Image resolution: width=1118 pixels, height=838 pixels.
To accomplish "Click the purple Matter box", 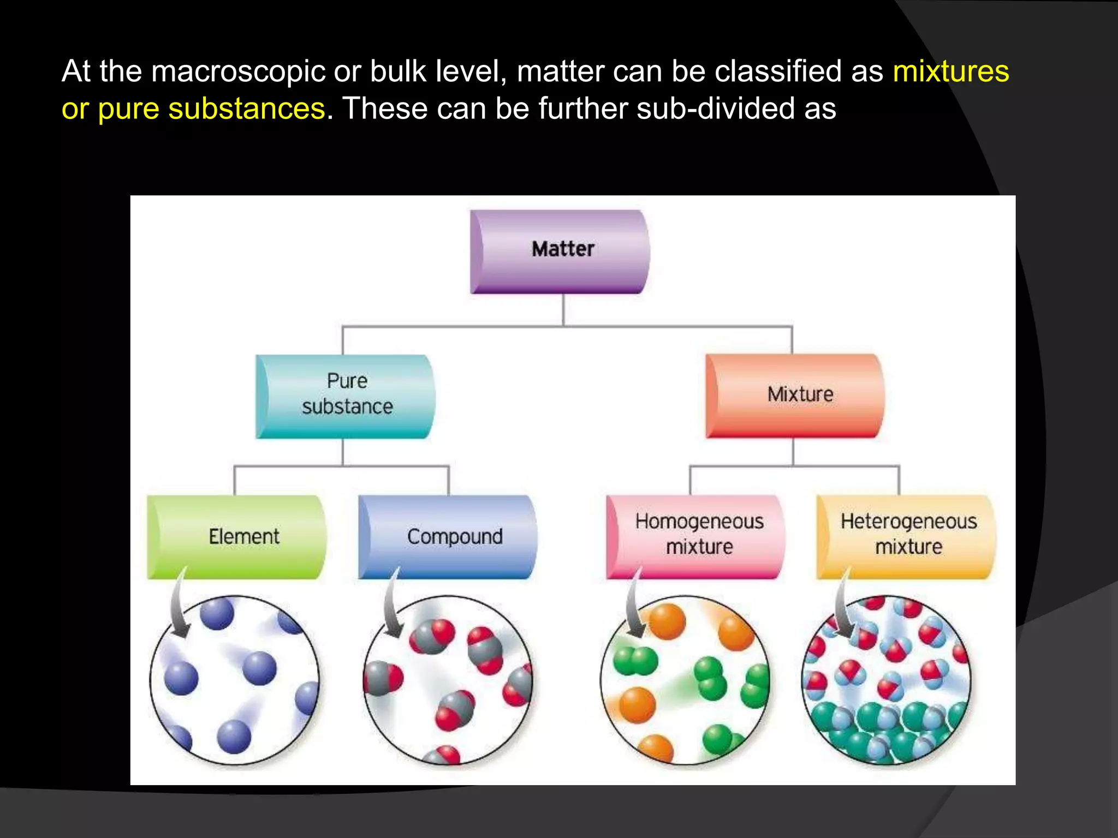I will pyautogui.click(x=560, y=252).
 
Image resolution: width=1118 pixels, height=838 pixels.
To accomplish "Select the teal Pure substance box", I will pyautogui.click(x=346, y=397).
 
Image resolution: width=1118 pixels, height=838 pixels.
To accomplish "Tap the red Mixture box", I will pyautogui.click(x=794, y=396).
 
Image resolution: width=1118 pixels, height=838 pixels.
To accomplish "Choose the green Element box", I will pyautogui.click(x=237, y=537).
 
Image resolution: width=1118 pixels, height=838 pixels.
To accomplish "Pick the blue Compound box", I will pyautogui.click(x=448, y=537).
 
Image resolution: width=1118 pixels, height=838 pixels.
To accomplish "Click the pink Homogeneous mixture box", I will pyautogui.click(x=695, y=537).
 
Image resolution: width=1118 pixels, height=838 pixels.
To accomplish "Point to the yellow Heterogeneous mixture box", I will pyautogui.click(x=906, y=537).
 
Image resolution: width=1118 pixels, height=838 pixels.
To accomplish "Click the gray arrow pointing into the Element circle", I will pyautogui.click(x=178, y=606).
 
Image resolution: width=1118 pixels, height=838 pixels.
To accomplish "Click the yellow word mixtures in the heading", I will pyautogui.click(x=951, y=71).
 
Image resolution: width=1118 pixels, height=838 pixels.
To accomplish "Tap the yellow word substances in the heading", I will pyautogui.click(x=246, y=109).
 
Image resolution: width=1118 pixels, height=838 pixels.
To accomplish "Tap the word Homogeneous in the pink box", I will pyautogui.click(x=699, y=522).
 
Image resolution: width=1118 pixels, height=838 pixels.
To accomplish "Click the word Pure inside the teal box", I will pyautogui.click(x=347, y=381).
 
